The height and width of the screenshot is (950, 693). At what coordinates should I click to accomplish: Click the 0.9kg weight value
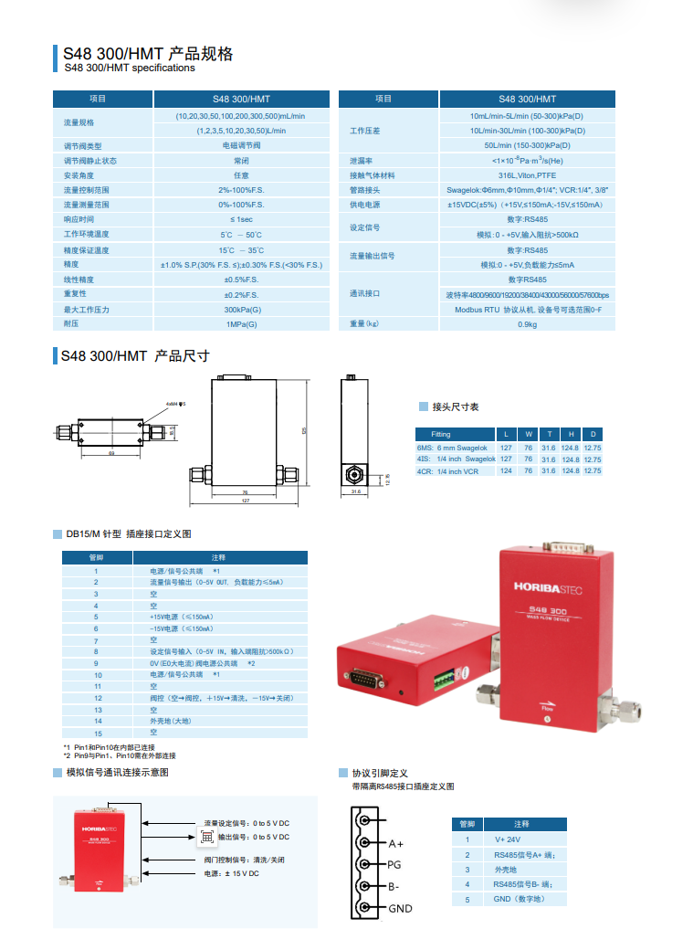click(x=527, y=324)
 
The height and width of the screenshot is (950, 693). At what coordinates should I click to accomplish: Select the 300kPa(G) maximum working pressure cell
click(x=241, y=310)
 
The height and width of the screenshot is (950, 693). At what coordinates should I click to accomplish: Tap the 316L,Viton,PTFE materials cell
click(x=527, y=175)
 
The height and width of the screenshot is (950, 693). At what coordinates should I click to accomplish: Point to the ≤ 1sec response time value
click(x=241, y=220)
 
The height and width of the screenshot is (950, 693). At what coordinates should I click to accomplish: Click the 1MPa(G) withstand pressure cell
click(x=241, y=324)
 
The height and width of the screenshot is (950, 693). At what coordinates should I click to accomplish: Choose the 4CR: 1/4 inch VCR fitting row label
click(x=447, y=471)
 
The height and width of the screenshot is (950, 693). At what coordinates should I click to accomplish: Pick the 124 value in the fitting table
click(x=506, y=471)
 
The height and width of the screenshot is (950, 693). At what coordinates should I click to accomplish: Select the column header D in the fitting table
click(x=593, y=434)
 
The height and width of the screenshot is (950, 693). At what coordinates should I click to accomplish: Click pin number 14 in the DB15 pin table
click(x=96, y=721)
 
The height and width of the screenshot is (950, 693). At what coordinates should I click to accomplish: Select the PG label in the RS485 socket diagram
click(x=394, y=864)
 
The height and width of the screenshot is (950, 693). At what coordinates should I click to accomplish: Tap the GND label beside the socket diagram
click(x=400, y=908)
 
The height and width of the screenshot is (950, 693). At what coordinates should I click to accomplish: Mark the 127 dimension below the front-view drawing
click(x=246, y=501)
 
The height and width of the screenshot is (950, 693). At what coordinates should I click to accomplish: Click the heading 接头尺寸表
click(x=455, y=407)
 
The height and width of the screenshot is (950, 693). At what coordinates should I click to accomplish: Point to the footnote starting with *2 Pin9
click(x=120, y=755)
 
